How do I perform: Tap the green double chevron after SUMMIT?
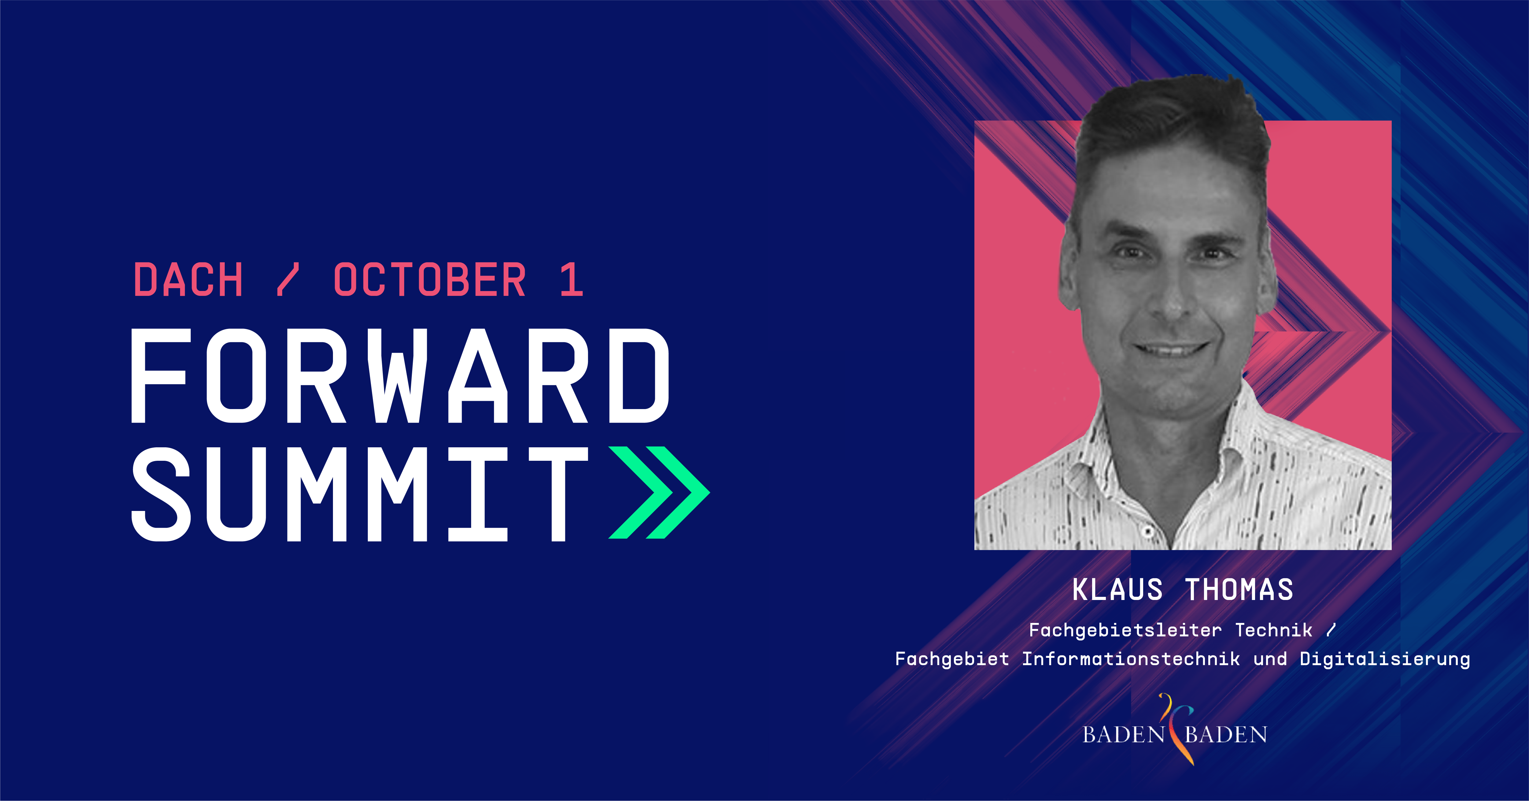(659, 492)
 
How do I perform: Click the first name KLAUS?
(1117, 590)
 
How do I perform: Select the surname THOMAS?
(1239, 590)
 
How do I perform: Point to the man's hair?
(1172, 125)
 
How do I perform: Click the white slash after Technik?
(1331, 630)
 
